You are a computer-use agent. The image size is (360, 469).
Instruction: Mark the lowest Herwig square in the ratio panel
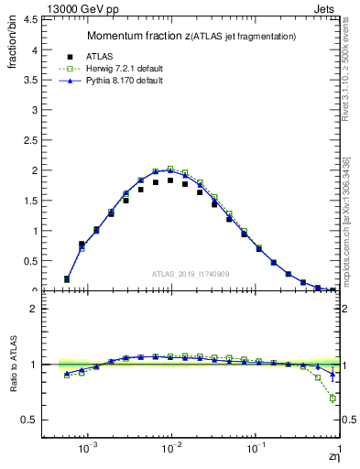(x=333, y=398)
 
